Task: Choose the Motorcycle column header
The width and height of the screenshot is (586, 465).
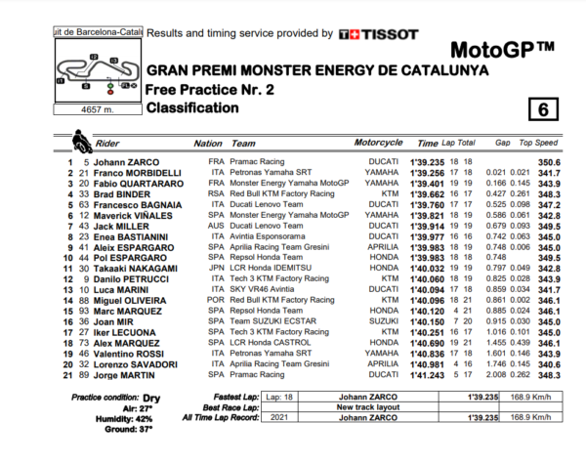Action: tap(379, 143)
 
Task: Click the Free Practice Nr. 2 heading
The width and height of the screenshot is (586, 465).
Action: tap(209, 88)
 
